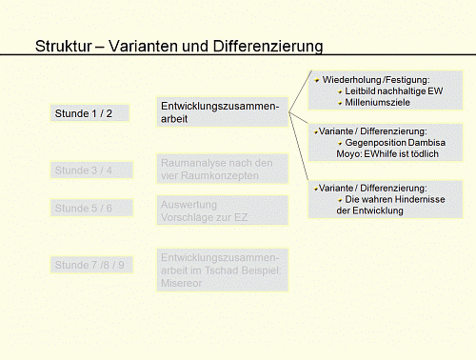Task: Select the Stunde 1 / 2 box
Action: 89,113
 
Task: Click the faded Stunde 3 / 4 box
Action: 89,170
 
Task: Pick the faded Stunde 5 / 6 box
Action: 89,208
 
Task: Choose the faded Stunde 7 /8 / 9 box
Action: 89,265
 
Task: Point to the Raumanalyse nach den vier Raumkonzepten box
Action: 221,169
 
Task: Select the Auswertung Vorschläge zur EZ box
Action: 221,211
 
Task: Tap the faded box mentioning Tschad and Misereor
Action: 221,270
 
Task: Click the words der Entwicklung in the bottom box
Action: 370,210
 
